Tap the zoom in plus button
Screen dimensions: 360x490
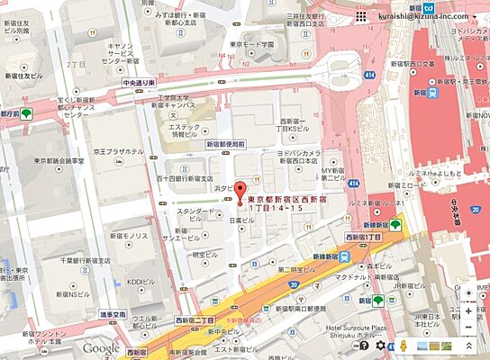coord(468,311)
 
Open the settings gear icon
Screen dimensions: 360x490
coord(380,346)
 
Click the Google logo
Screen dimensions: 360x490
coord(102,348)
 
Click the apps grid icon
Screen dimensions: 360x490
coord(360,17)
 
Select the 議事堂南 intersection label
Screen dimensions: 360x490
coord(112,315)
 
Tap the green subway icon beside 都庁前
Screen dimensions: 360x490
coord(29,114)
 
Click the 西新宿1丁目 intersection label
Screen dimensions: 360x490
coord(363,236)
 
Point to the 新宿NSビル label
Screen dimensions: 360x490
coord(74,295)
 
